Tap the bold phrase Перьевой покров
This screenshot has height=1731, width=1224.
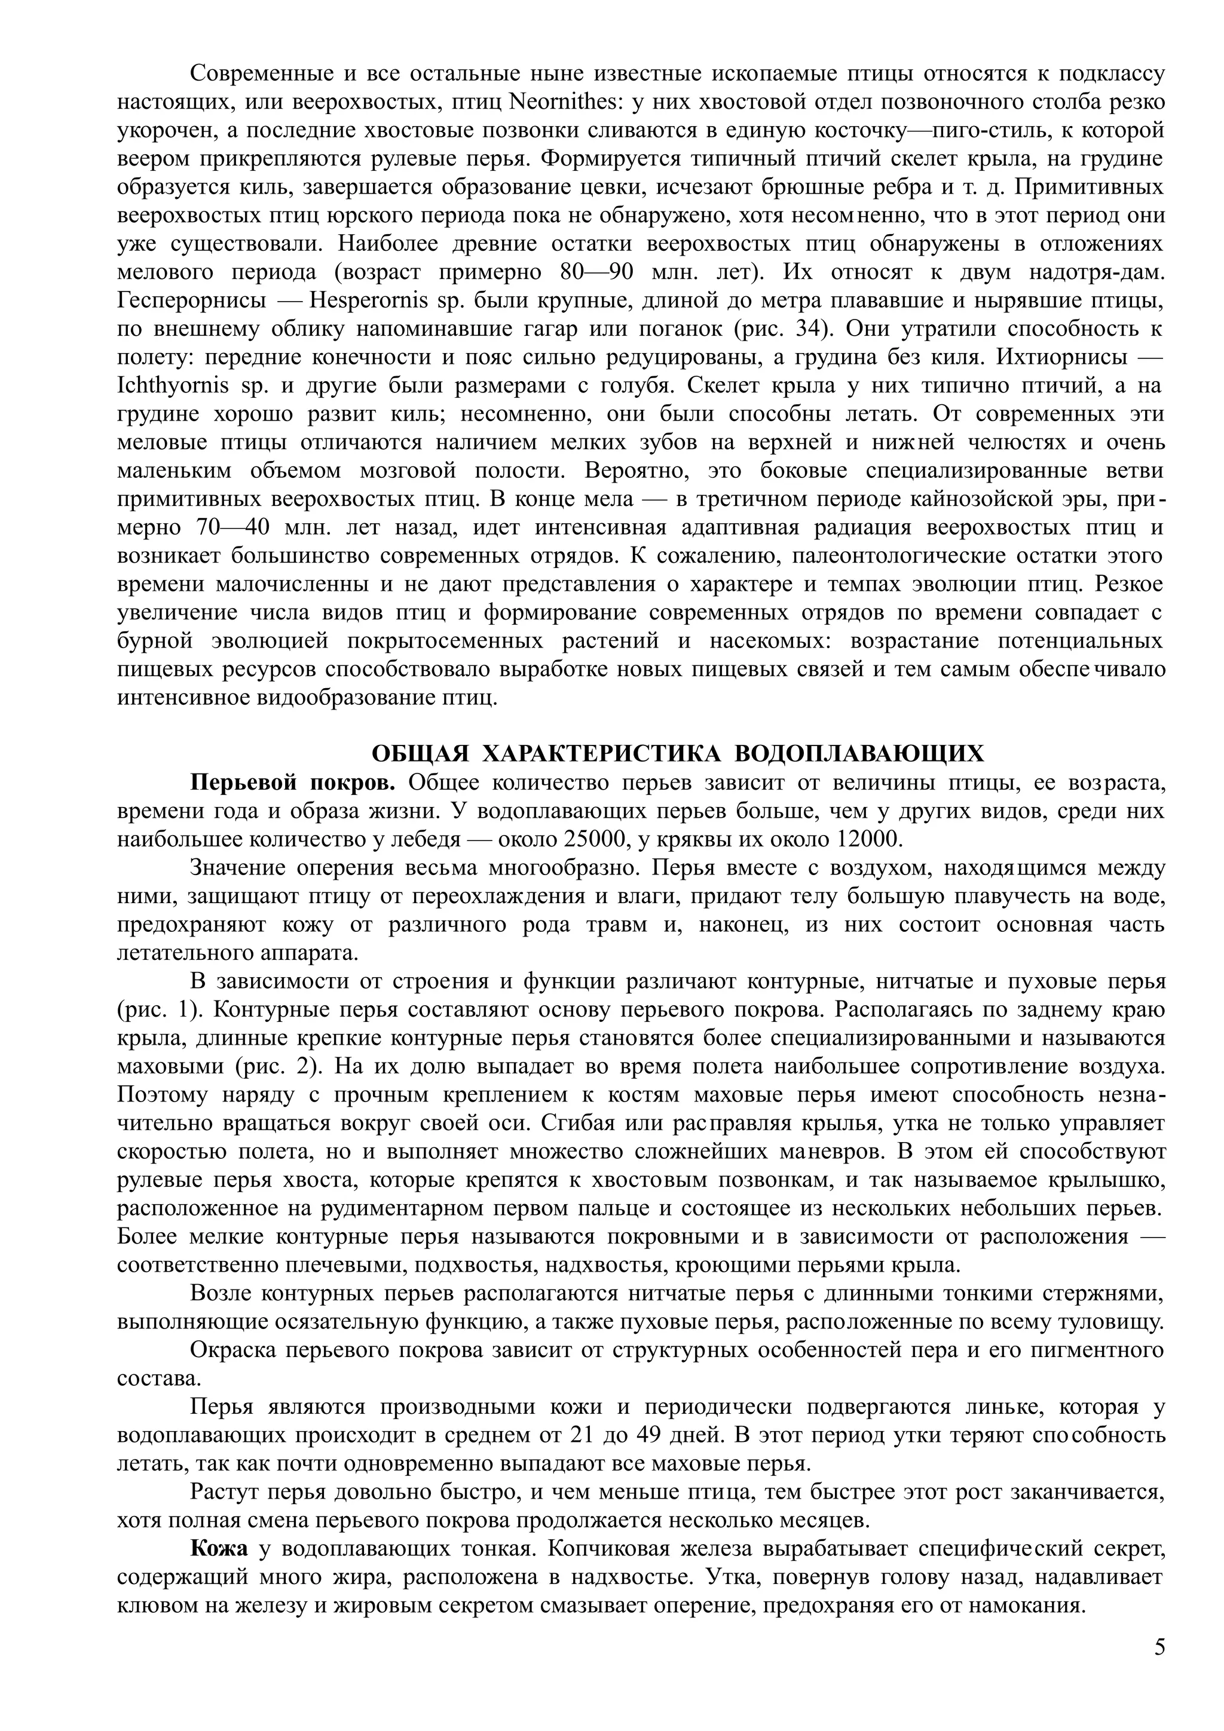(x=293, y=782)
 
